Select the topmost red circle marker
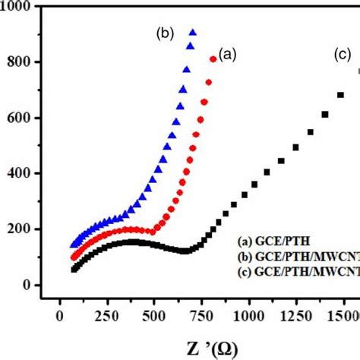213,58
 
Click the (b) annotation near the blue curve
165,33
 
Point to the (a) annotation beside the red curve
228,54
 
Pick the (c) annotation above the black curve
343,55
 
